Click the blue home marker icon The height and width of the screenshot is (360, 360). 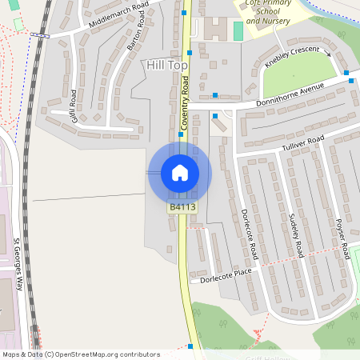180,172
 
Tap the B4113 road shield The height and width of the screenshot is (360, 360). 182,207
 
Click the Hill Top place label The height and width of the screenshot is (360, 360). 165,63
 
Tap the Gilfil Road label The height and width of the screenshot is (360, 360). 73,104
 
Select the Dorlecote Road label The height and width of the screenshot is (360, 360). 250,234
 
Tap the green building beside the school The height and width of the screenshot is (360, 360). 238,31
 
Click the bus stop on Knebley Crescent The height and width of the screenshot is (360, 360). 347,73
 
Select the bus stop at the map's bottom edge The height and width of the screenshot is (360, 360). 190,346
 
